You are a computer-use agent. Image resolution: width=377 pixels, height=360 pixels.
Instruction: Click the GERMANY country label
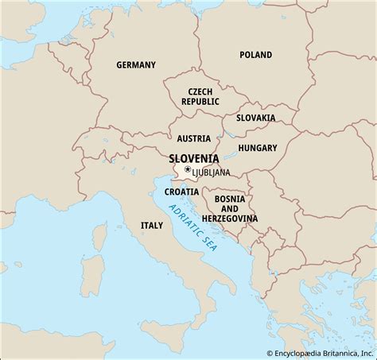(x=136, y=64)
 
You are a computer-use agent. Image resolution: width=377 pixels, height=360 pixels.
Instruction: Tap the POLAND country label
(x=255, y=55)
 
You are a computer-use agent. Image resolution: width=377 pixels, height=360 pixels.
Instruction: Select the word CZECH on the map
(x=199, y=92)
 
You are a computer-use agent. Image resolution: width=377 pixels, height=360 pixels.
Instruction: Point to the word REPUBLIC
(x=199, y=103)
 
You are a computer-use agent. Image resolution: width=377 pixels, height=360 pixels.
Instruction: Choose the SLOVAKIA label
(x=255, y=118)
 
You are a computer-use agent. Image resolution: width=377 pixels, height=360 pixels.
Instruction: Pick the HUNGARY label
(x=257, y=148)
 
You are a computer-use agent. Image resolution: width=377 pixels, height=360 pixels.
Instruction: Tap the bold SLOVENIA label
(x=194, y=158)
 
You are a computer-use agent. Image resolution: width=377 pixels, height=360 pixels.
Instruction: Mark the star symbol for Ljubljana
(x=188, y=170)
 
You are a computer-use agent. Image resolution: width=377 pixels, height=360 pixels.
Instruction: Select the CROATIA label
(x=182, y=192)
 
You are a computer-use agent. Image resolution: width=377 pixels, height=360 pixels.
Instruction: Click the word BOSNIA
(x=230, y=198)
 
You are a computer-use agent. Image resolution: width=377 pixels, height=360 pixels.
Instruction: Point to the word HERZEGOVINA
(x=230, y=218)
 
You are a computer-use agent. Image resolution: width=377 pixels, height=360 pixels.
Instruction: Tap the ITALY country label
(x=151, y=226)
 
